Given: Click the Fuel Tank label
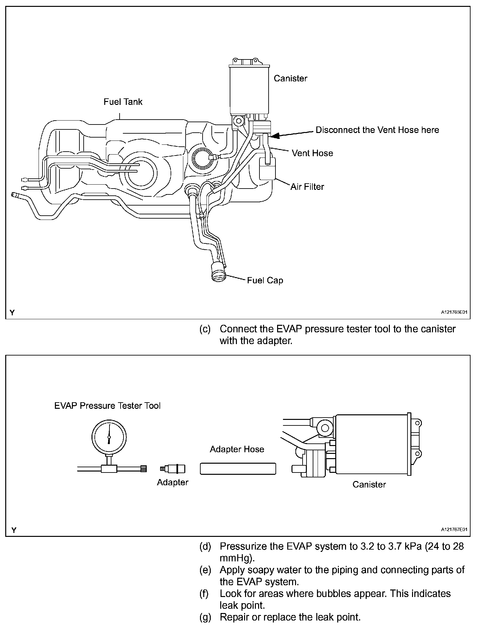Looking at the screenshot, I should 123,102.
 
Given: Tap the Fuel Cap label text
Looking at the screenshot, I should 265,280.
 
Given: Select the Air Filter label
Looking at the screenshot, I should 307,187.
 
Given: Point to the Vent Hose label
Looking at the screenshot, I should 312,153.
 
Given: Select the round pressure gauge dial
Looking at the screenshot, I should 109,437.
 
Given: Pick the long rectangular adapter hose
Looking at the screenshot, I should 238,469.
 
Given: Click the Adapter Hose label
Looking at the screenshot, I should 237,449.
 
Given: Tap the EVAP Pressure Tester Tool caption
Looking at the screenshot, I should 108,406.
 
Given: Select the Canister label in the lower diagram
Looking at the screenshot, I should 369,484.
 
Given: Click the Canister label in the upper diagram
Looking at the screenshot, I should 290,78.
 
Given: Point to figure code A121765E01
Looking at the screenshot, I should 454,312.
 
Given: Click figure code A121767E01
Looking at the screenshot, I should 454,530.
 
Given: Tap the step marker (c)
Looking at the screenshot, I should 205,329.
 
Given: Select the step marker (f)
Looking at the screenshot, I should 204,594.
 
